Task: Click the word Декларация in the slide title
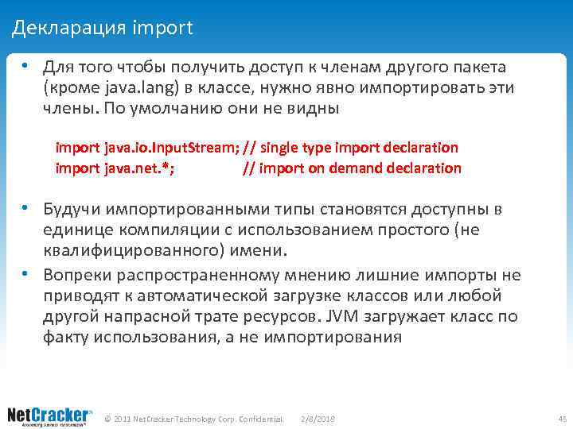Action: (68, 29)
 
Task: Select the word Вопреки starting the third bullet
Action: (77, 276)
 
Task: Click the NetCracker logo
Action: (49, 416)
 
